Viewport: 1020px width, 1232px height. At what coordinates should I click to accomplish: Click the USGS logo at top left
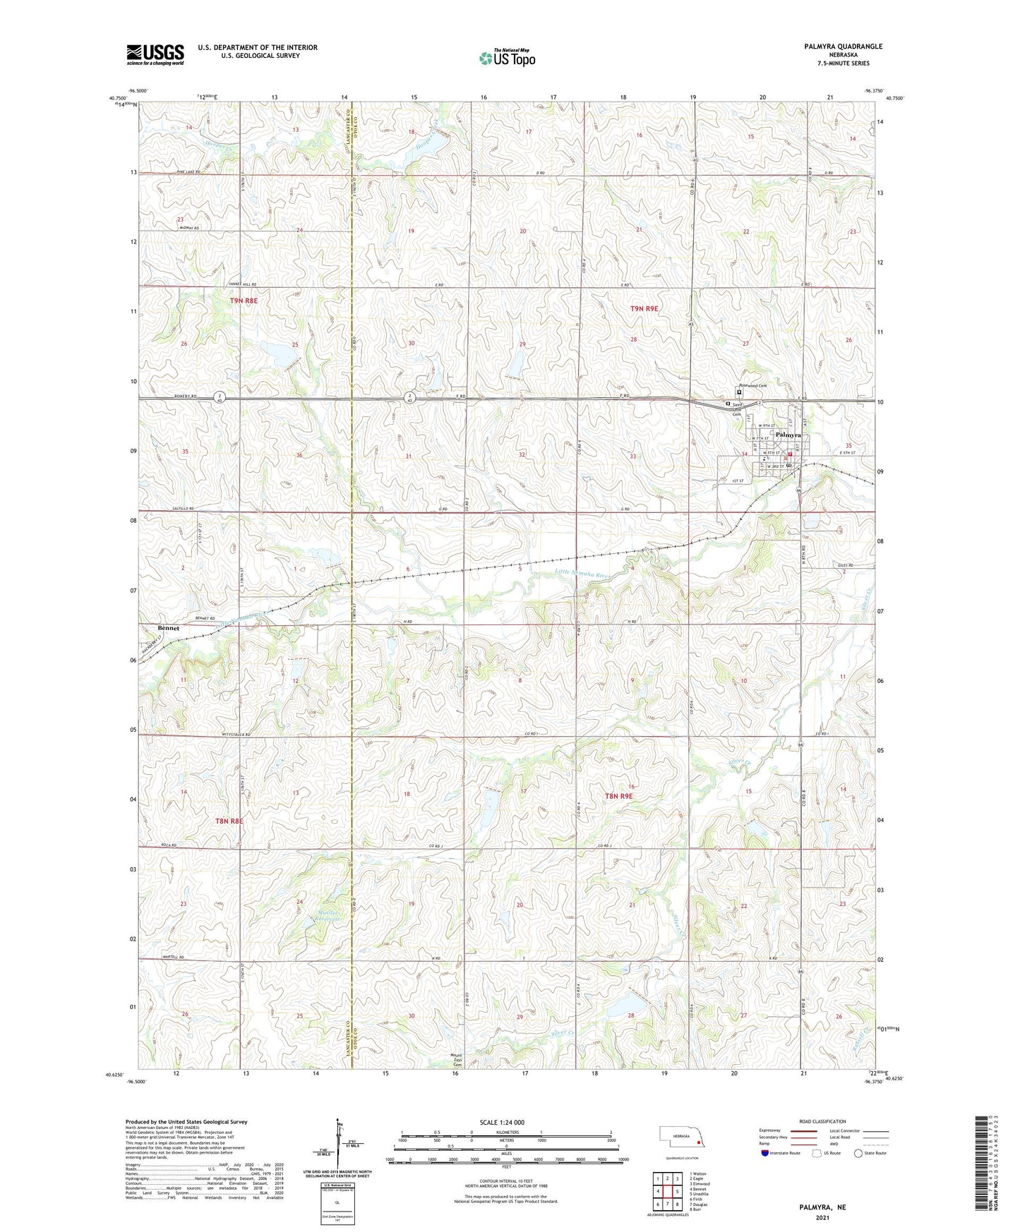pos(155,54)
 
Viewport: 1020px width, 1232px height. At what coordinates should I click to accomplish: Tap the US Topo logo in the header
pos(506,58)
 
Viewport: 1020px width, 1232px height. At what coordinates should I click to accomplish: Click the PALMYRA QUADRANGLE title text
pos(843,47)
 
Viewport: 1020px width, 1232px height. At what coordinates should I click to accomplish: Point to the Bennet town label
pos(168,628)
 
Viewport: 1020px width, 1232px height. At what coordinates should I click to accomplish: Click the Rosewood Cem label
pos(752,385)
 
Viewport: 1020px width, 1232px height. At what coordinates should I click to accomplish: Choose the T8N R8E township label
pos(229,821)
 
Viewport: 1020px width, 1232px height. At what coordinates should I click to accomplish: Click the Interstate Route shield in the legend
pos(765,1153)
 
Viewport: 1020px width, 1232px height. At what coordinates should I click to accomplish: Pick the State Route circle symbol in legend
pos(858,1153)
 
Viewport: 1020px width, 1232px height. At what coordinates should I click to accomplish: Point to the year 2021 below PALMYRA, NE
pos(822,1217)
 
